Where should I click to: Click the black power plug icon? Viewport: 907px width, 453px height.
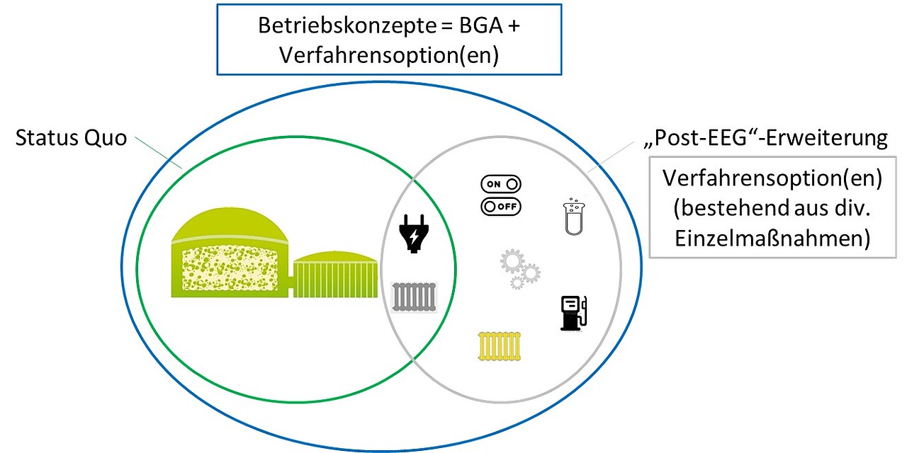pyautogui.click(x=413, y=234)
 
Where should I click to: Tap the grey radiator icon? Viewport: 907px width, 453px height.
pyautogui.click(x=414, y=297)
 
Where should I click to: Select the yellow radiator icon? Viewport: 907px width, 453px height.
pyautogui.click(x=500, y=346)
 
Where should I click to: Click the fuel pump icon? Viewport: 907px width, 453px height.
pyautogui.click(x=574, y=313)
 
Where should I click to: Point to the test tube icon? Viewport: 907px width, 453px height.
pyautogui.click(x=574, y=217)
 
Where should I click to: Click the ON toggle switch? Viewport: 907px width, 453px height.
pyautogui.click(x=501, y=184)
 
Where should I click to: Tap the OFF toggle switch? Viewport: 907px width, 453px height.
pyautogui.click(x=501, y=207)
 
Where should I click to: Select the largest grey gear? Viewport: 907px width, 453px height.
pyautogui.click(x=512, y=261)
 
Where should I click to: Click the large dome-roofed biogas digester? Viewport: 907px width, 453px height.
pyautogui.click(x=230, y=253)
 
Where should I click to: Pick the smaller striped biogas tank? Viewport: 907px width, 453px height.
pyautogui.click(x=335, y=275)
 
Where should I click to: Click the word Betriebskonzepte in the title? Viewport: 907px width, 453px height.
pyautogui.click(x=347, y=26)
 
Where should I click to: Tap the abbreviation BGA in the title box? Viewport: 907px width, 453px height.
pyautogui.click(x=481, y=25)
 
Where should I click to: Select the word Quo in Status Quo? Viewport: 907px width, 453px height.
pyautogui.click(x=106, y=138)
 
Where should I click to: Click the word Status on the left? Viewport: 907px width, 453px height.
pyautogui.click(x=47, y=138)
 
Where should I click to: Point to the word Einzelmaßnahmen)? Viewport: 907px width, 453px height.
pyautogui.click(x=772, y=239)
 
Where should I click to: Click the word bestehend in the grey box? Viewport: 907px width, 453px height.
pyautogui.click(x=731, y=208)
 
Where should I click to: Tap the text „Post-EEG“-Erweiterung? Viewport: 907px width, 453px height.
pyautogui.click(x=766, y=138)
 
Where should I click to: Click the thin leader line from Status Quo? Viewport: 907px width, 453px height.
pyautogui.click(x=158, y=152)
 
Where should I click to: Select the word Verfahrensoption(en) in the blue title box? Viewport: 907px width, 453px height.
pyautogui.click(x=389, y=55)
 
